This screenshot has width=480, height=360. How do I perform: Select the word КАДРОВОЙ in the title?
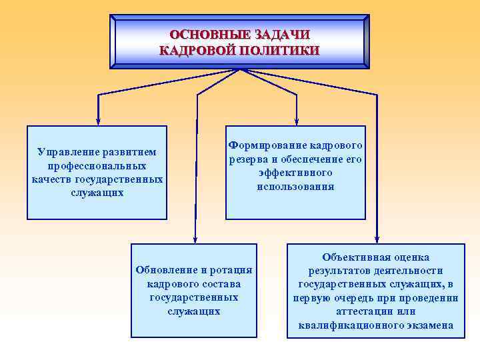(200, 50)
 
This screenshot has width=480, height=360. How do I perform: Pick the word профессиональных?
(97, 165)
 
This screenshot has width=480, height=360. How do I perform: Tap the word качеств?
(51, 179)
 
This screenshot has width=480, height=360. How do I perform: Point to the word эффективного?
(295, 173)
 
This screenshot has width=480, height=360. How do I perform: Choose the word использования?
(295, 187)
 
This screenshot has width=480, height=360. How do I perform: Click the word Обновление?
(167, 270)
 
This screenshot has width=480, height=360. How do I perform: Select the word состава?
(217, 284)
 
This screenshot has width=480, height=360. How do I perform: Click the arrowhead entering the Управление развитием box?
(98, 121)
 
